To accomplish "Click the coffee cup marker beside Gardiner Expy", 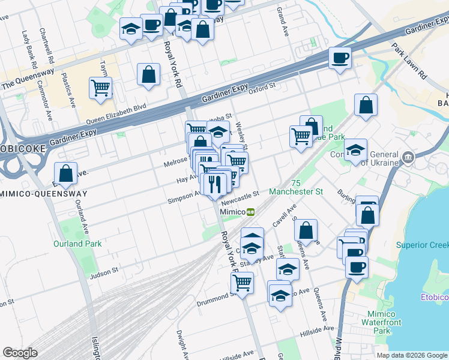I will tap(340, 58).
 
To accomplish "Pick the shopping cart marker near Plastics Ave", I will tap(101, 88).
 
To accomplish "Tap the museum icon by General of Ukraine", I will tap(408, 158).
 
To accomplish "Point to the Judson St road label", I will tap(104, 274).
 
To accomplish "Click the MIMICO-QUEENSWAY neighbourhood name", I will tap(43, 194).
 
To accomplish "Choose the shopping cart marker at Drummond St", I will tap(242, 283).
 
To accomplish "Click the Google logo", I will tap(20, 352).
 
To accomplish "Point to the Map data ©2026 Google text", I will tap(411, 355).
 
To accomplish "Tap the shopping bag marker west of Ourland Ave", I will tap(66, 173).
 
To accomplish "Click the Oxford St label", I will tap(262, 86).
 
